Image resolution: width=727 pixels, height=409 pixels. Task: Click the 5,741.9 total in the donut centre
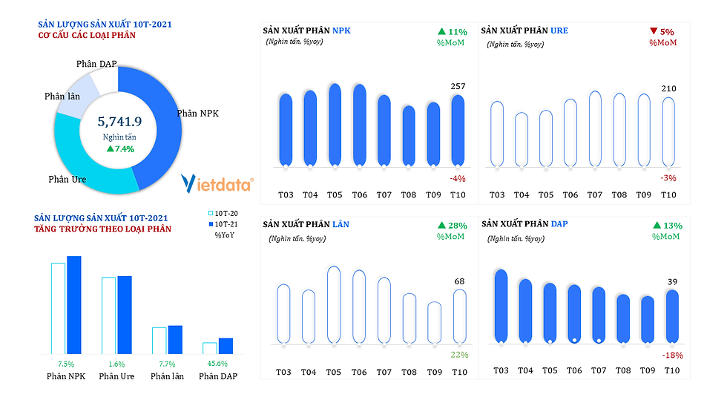pos(120,121)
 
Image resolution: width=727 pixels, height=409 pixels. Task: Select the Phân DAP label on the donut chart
pos(96,65)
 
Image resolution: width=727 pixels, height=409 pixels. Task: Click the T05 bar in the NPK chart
pos(335,123)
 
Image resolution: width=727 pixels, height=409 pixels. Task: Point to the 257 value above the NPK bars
pos(458,87)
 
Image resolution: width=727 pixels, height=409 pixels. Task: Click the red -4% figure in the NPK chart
pos(457,179)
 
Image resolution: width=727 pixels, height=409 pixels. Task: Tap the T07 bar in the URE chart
pos(595,128)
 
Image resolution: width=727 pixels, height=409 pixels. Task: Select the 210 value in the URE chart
pos(668,89)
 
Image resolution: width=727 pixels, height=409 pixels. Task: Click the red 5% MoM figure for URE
pos(665,32)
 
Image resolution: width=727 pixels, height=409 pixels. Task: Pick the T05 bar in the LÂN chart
pos(334,304)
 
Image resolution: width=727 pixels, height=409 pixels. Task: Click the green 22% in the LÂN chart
pos(459,355)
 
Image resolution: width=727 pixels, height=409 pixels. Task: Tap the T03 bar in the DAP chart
pos(501,306)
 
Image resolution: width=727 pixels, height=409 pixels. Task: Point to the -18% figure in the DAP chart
pos(672,355)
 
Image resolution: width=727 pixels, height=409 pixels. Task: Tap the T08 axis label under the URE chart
pos(619,195)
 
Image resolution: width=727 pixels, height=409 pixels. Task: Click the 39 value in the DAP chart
pos(672,281)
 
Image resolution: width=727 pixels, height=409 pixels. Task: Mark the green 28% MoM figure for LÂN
pos(456,225)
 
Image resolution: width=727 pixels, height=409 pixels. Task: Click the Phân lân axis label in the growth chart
pos(167,376)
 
